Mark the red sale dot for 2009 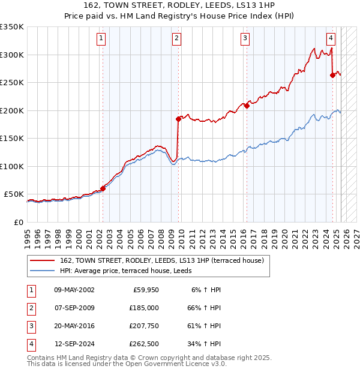pos(178,119)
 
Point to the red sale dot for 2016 pos(247,106)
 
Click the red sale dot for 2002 pos(103,188)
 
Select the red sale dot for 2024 pos(332,75)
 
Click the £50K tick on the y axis pos(13,194)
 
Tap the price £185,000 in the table pos(144,307)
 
